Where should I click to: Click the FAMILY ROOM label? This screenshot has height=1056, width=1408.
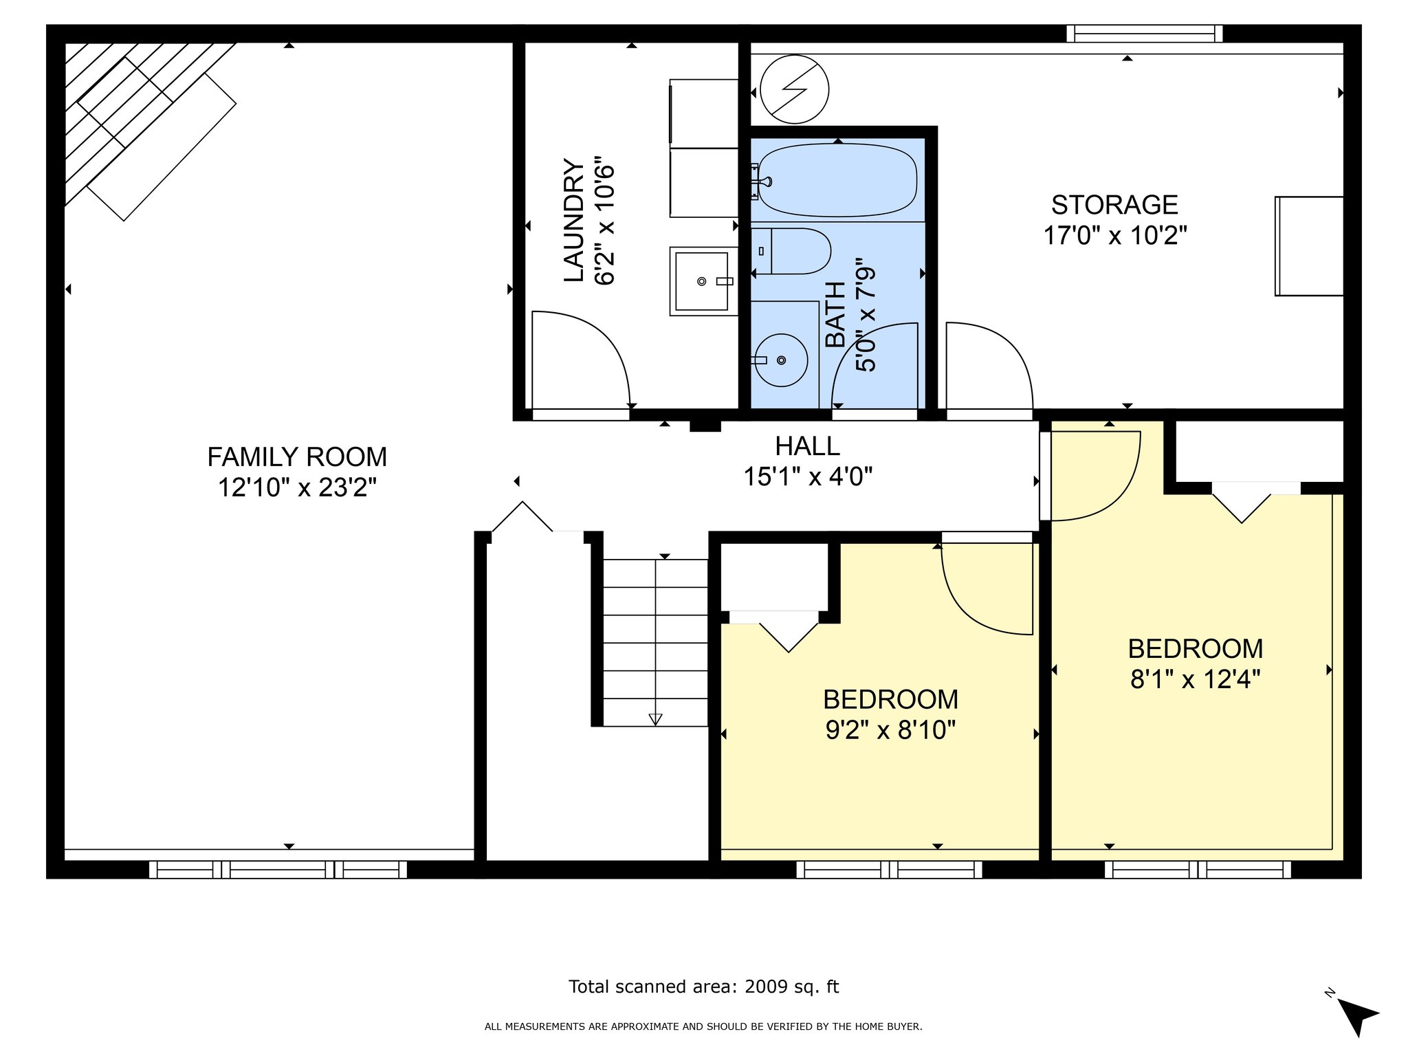[297, 456]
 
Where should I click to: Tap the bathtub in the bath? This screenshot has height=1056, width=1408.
[837, 180]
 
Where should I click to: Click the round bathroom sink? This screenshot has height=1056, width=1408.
[781, 360]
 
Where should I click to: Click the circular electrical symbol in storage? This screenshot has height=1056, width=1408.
[795, 89]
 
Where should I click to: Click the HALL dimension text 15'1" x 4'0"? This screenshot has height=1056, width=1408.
[808, 476]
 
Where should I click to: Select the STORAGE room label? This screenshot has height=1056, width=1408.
[1114, 205]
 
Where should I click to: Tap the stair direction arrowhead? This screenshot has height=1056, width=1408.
[655, 719]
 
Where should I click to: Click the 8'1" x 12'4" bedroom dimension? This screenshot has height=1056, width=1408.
[1196, 679]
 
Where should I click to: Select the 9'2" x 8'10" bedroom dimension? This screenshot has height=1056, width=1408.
[890, 729]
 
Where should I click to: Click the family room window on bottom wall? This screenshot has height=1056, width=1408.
[278, 870]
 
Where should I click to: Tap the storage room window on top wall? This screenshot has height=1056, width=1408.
[1145, 34]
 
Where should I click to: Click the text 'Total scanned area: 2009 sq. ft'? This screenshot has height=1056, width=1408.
[703, 987]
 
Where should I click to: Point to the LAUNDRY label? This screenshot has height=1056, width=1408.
[574, 220]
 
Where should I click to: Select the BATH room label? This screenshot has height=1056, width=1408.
[835, 315]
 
